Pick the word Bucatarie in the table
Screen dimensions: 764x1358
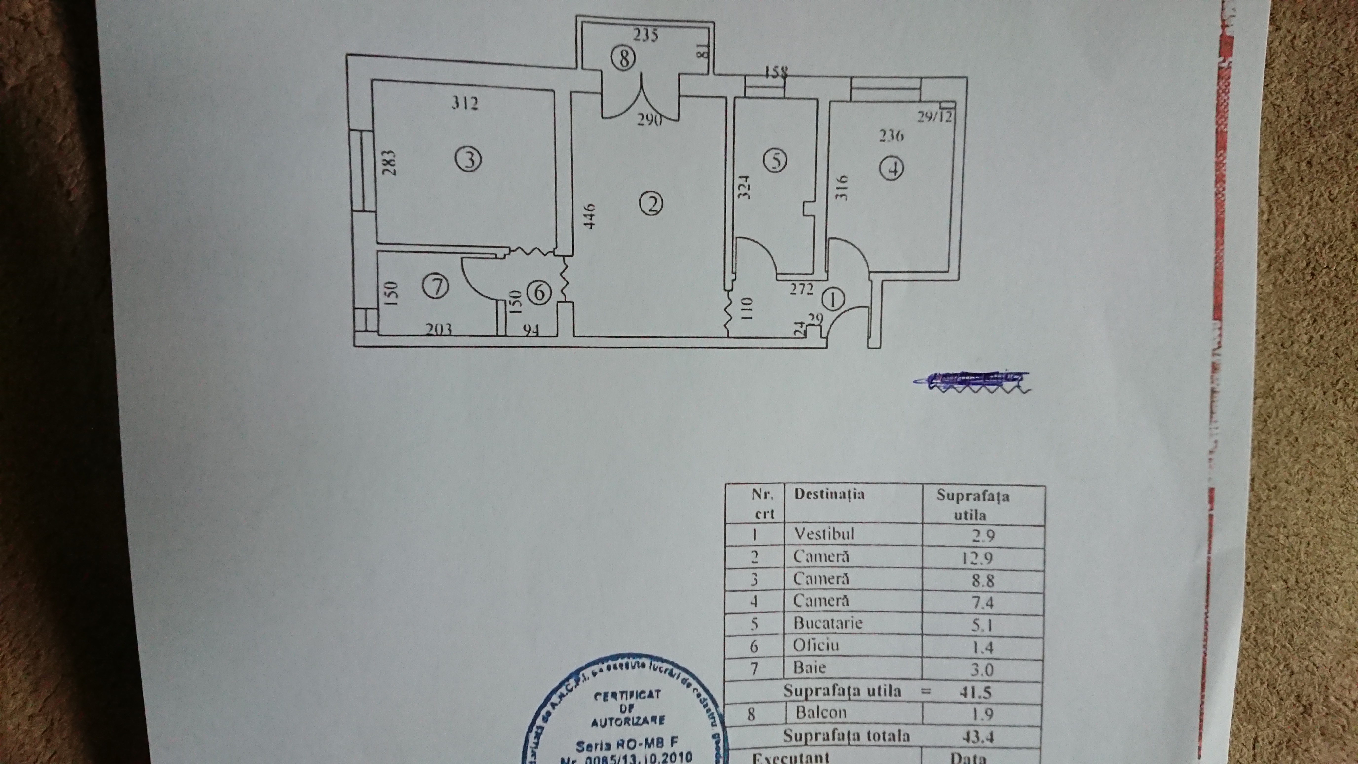coord(828,623)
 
